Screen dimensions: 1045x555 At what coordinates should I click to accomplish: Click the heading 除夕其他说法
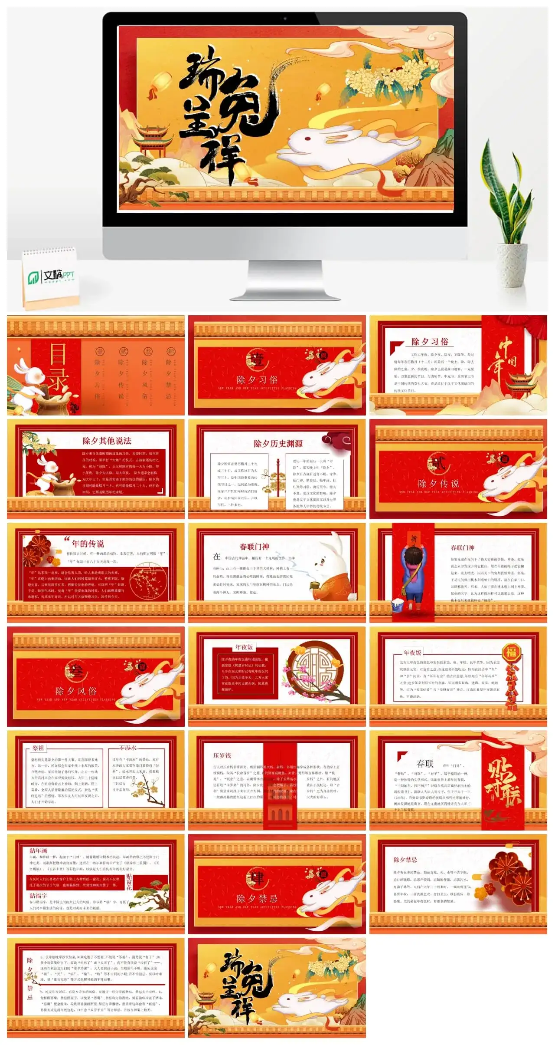[x=107, y=441]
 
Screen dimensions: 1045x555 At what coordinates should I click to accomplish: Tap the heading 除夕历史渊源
[x=278, y=443]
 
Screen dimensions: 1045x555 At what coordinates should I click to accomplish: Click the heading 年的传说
[x=88, y=544]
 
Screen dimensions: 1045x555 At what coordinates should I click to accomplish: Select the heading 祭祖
[x=38, y=748]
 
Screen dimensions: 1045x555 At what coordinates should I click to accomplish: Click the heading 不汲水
[x=128, y=748]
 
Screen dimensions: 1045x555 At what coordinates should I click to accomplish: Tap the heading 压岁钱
[x=222, y=755]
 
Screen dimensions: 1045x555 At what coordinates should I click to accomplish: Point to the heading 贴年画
[x=38, y=851]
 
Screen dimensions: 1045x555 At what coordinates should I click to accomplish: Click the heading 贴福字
[x=38, y=896]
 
